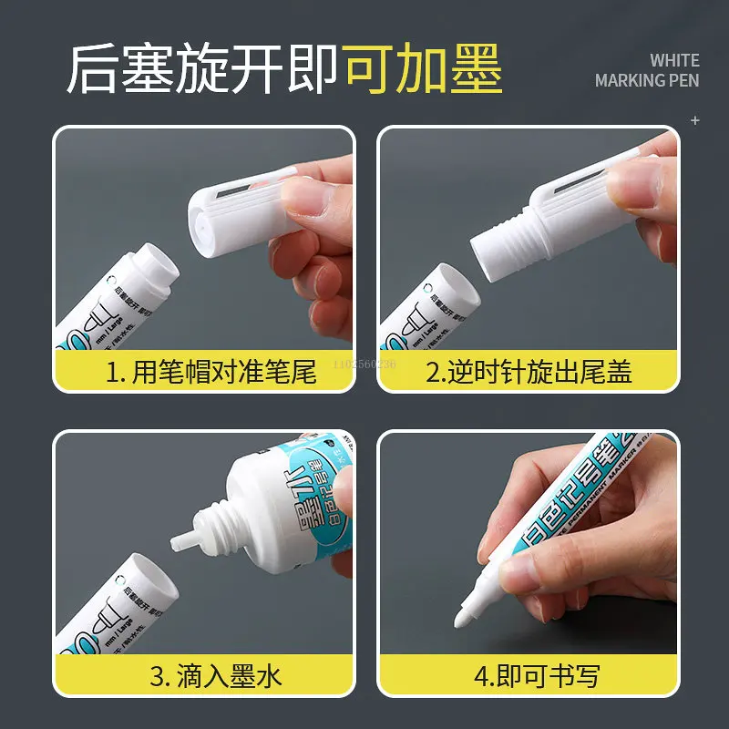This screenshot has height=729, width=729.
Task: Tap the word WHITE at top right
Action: [674, 60]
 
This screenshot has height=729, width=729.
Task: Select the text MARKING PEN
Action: [647, 81]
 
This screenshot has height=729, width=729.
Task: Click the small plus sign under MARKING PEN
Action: [695, 119]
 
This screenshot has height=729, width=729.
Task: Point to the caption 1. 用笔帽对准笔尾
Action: [210, 372]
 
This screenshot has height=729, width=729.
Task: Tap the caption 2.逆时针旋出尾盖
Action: [529, 372]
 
